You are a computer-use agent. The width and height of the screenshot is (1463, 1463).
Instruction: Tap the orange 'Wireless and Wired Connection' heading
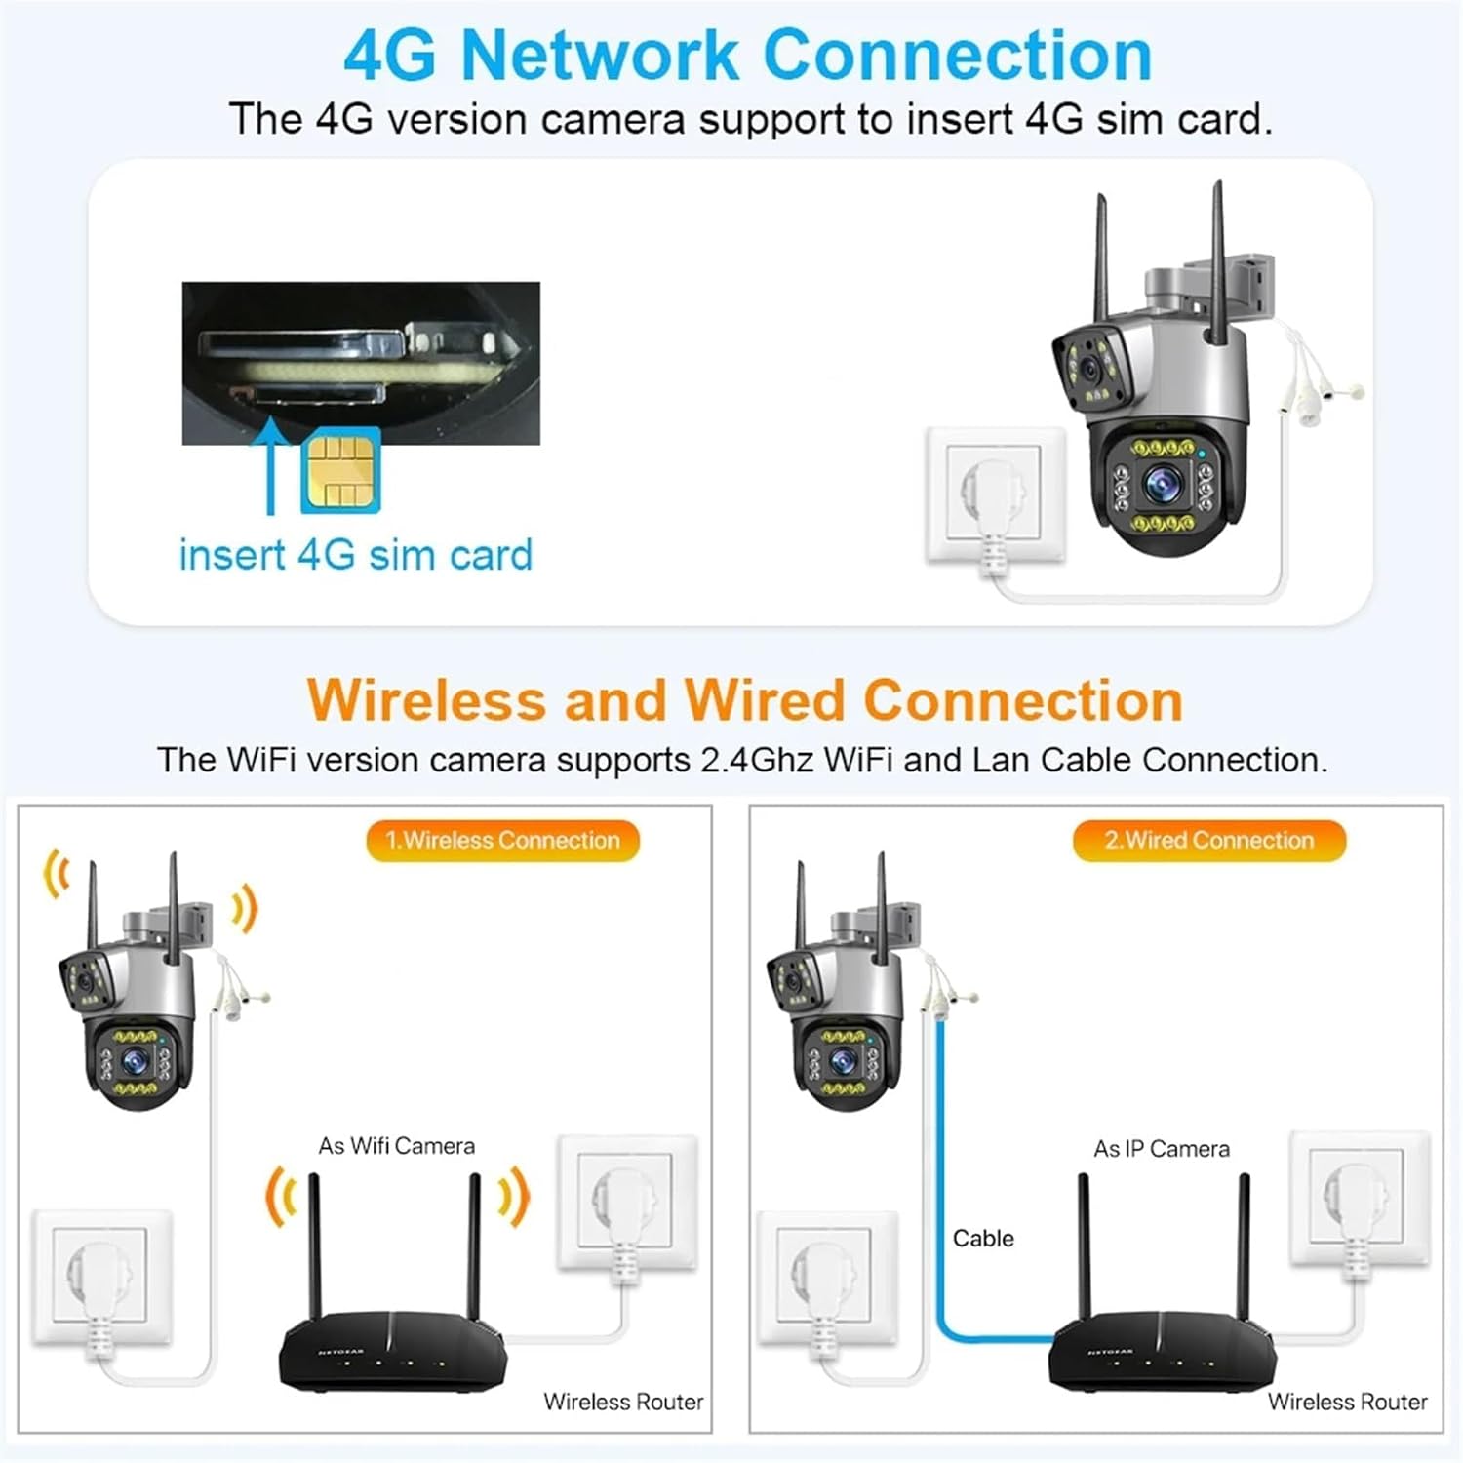744,700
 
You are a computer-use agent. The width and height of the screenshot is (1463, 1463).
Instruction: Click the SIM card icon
340,471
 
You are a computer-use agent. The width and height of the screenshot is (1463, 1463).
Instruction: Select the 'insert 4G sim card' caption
355,555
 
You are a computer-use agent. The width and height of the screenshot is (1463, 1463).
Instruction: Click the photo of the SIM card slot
361,363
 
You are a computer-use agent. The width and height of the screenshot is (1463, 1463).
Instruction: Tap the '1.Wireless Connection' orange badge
502,841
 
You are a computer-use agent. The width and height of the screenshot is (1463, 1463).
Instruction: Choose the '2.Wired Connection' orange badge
1208,841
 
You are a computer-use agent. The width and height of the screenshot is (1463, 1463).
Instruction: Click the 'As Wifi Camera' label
396,1146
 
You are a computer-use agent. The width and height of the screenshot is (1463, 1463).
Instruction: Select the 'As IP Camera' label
1161,1149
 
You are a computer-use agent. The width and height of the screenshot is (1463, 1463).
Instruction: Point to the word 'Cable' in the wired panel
983,1239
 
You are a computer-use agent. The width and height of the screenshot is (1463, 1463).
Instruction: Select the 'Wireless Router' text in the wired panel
1347,1402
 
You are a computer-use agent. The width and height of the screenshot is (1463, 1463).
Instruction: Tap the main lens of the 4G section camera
1162,482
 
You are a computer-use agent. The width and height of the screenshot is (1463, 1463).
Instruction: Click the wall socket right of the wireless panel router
627,1203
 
